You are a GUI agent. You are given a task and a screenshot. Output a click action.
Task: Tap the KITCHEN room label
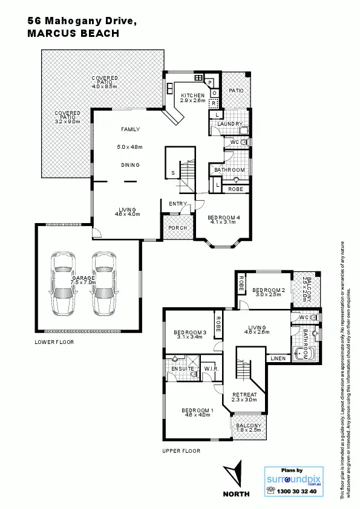[x=192, y=96]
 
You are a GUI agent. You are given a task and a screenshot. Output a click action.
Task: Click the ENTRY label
[x=178, y=204]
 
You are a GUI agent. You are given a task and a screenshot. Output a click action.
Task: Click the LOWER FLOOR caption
[x=54, y=342]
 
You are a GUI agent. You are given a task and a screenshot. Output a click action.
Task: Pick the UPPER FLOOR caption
[x=182, y=451]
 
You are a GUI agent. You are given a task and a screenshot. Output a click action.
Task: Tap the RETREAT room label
[x=245, y=395]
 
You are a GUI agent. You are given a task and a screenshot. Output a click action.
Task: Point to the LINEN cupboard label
[x=278, y=359]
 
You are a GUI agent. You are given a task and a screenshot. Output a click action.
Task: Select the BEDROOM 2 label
[x=268, y=289]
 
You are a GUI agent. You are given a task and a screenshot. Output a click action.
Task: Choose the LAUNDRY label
[x=230, y=124]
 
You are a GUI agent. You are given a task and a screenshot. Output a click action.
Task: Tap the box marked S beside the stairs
[x=173, y=173]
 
